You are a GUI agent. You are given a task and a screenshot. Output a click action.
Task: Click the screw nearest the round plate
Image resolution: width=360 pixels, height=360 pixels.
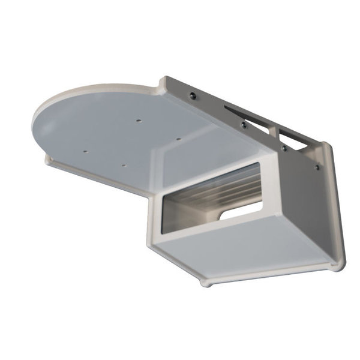(191, 95)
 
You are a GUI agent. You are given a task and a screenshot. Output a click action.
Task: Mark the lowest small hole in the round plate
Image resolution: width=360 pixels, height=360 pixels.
(122, 164)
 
